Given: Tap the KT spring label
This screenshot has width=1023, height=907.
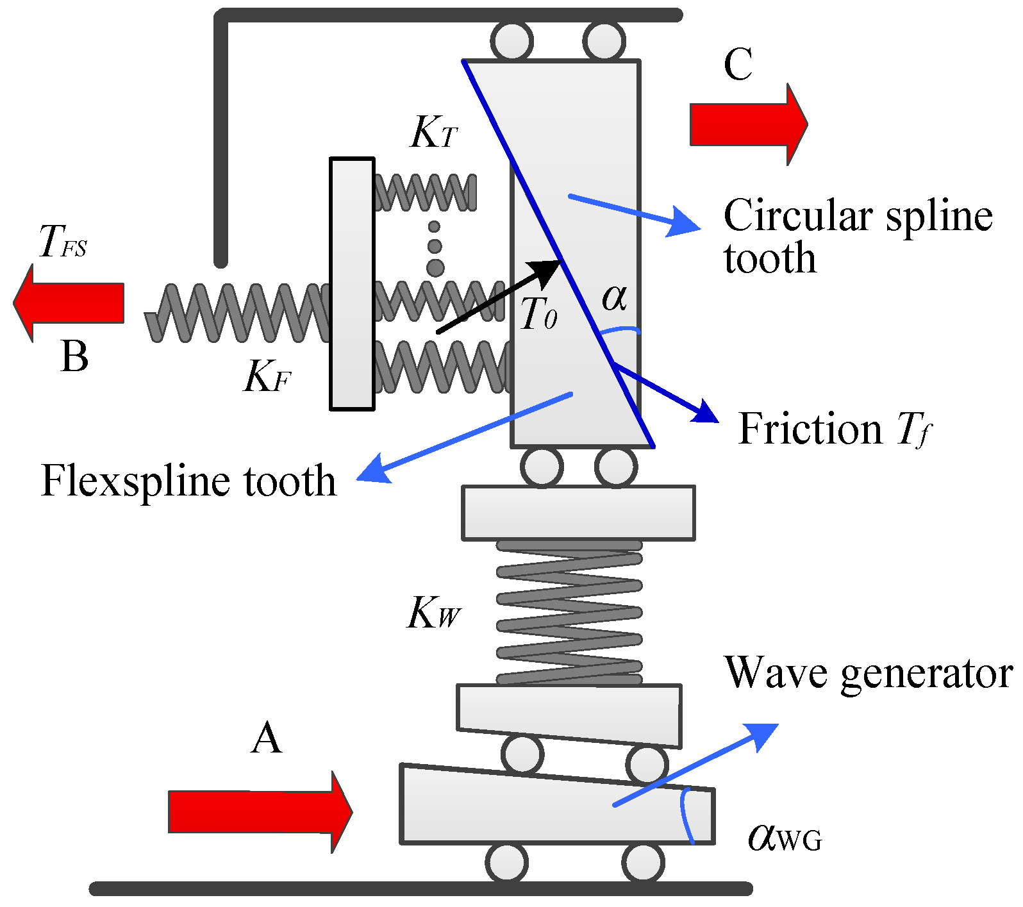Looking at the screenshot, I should click(x=434, y=133).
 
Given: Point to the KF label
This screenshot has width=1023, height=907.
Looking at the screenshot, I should click(x=267, y=376).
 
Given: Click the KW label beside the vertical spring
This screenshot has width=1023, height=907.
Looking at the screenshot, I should click(x=433, y=613).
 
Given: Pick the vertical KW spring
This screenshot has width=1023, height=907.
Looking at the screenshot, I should click(x=569, y=612).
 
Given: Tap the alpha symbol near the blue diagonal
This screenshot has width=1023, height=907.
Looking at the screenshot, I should click(x=613, y=297).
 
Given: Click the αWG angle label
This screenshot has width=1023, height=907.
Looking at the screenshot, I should click(x=783, y=836).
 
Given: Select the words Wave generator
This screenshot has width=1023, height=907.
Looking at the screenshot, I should click(x=868, y=673).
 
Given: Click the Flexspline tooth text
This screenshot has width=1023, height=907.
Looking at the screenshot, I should click(x=188, y=481).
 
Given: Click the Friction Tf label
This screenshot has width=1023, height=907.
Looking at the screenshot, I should click(x=834, y=429).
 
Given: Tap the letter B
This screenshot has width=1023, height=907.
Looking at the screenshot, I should click(x=74, y=356).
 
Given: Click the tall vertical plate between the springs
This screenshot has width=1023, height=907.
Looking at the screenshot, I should click(x=352, y=283).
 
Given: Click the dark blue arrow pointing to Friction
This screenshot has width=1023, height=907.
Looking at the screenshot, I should click(x=667, y=393).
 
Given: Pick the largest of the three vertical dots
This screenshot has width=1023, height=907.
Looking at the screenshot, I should click(x=435, y=267).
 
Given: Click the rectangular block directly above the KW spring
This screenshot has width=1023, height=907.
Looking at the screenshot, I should click(x=578, y=513).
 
